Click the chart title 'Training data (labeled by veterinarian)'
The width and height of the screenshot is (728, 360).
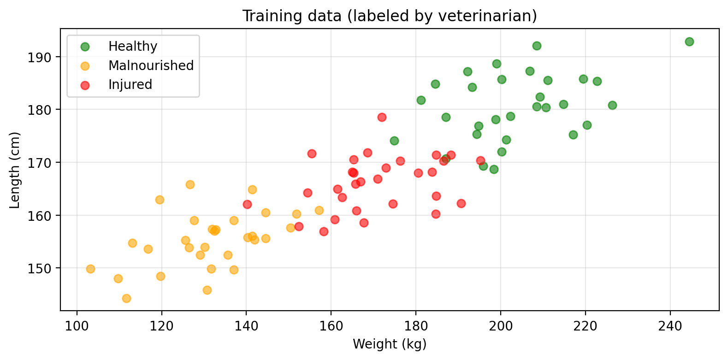pyautogui.click(x=390, y=16)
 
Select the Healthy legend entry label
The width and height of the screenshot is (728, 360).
pyautogui.click(x=133, y=46)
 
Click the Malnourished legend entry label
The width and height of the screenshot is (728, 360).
pyautogui.click(x=151, y=65)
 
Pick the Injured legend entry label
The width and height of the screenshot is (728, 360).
pyautogui.click(x=130, y=85)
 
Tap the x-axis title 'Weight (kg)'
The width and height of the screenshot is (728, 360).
pyautogui.click(x=390, y=344)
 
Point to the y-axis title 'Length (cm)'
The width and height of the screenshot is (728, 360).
pyautogui.click(x=15, y=170)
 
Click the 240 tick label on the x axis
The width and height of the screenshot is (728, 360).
pyautogui.click(x=670, y=326)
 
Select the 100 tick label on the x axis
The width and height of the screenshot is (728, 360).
pyautogui.click(x=77, y=326)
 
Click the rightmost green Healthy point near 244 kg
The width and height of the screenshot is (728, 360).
pyautogui.click(x=689, y=41)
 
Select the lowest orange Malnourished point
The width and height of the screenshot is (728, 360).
pyautogui.click(x=126, y=298)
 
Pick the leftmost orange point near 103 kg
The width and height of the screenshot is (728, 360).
pyautogui.click(x=90, y=269)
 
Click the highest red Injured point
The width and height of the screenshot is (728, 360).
pyautogui.click(x=382, y=117)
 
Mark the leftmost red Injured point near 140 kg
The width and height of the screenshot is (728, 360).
pyautogui.click(x=247, y=204)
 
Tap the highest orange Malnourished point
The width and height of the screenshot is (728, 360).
pyautogui.click(x=190, y=184)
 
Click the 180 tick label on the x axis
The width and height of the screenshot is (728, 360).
pyautogui.click(x=416, y=326)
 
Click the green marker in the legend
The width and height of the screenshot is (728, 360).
pyautogui.click(x=85, y=47)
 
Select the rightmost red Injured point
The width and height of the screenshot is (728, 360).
pyautogui.click(x=480, y=161)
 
